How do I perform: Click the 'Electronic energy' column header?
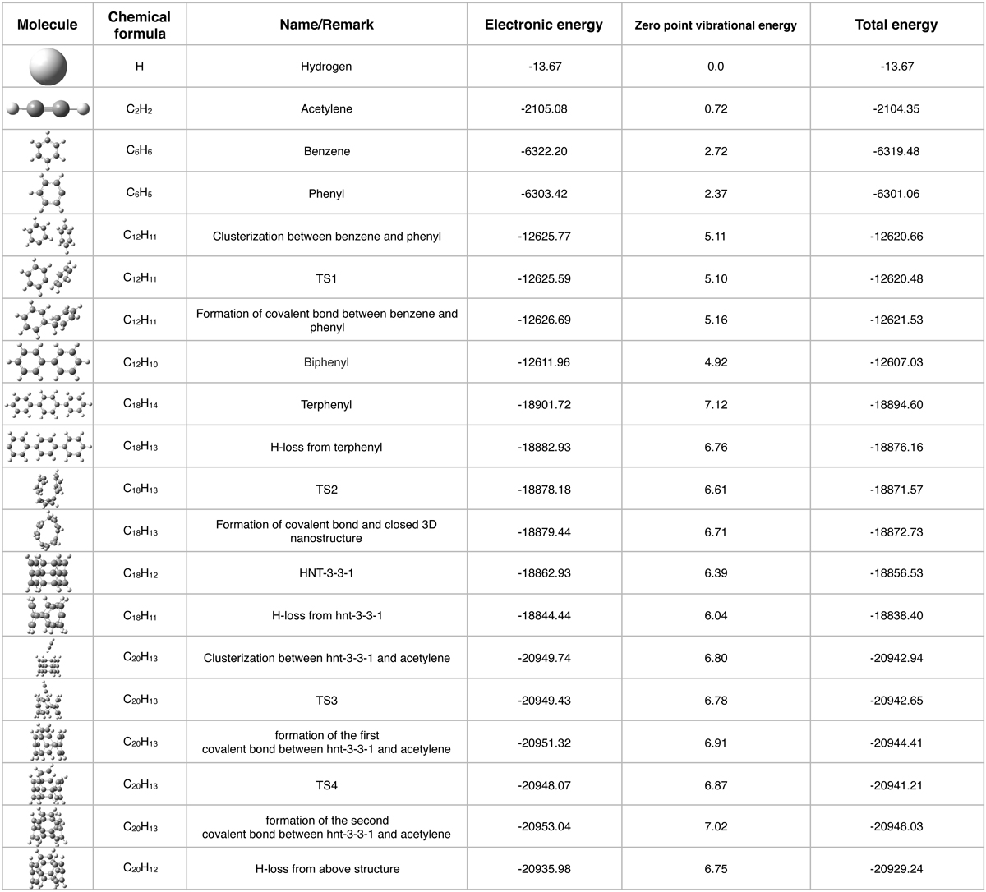click(543, 25)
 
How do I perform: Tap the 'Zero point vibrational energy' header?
click(715, 25)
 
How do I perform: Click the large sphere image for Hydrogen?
click(48, 66)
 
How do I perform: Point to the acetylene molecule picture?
click(48, 108)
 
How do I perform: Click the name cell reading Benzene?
click(326, 151)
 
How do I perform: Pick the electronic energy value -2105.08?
click(543, 108)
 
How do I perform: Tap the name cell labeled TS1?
click(326, 278)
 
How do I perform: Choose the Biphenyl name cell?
click(326, 362)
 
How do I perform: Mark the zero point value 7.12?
click(715, 405)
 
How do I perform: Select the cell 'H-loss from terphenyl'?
click(326, 448)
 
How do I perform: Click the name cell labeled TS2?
click(326, 490)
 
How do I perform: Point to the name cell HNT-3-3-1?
click(326, 573)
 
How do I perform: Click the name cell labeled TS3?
click(326, 701)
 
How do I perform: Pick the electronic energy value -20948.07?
click(543, 785)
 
